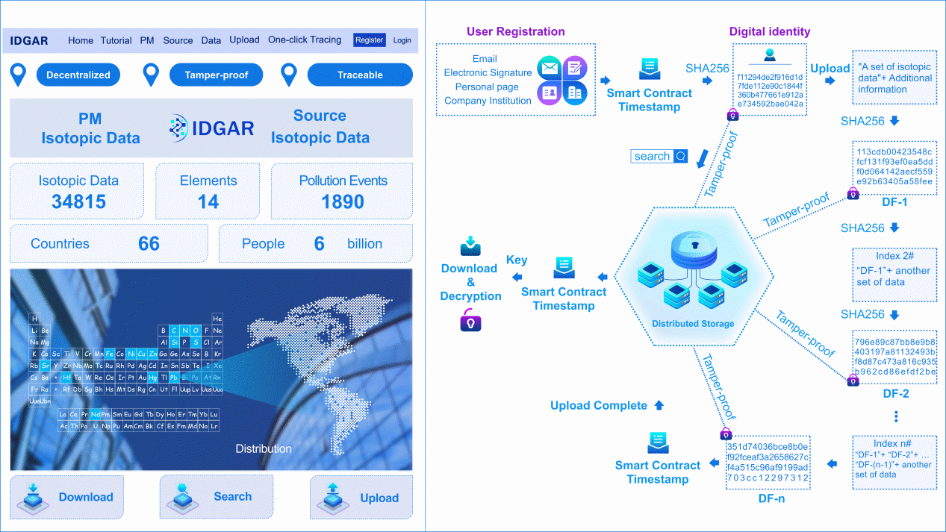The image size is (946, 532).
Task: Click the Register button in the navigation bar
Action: (369, 40)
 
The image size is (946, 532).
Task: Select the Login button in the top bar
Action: (402, 40)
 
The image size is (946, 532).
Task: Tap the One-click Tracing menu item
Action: (305, 40)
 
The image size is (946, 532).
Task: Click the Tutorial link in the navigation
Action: (116, 40)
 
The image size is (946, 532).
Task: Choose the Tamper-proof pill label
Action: (217, 75)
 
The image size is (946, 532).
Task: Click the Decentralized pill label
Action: (78, 75)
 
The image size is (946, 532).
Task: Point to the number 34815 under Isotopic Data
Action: (78, 202)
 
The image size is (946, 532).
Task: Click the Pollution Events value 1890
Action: (343, 202)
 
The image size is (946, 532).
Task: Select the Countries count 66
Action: (149, 244)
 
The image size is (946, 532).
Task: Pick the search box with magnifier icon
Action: (659, 156)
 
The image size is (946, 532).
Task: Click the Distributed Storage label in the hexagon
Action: (693, 324)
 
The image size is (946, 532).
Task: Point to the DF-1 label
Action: (894, 202)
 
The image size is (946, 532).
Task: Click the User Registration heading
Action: (515, 31)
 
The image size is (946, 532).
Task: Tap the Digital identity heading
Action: (769, 31)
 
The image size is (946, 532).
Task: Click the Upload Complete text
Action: (599, 406)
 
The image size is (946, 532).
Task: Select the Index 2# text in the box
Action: (893, 256)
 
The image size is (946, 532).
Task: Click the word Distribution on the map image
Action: (264, 448)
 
